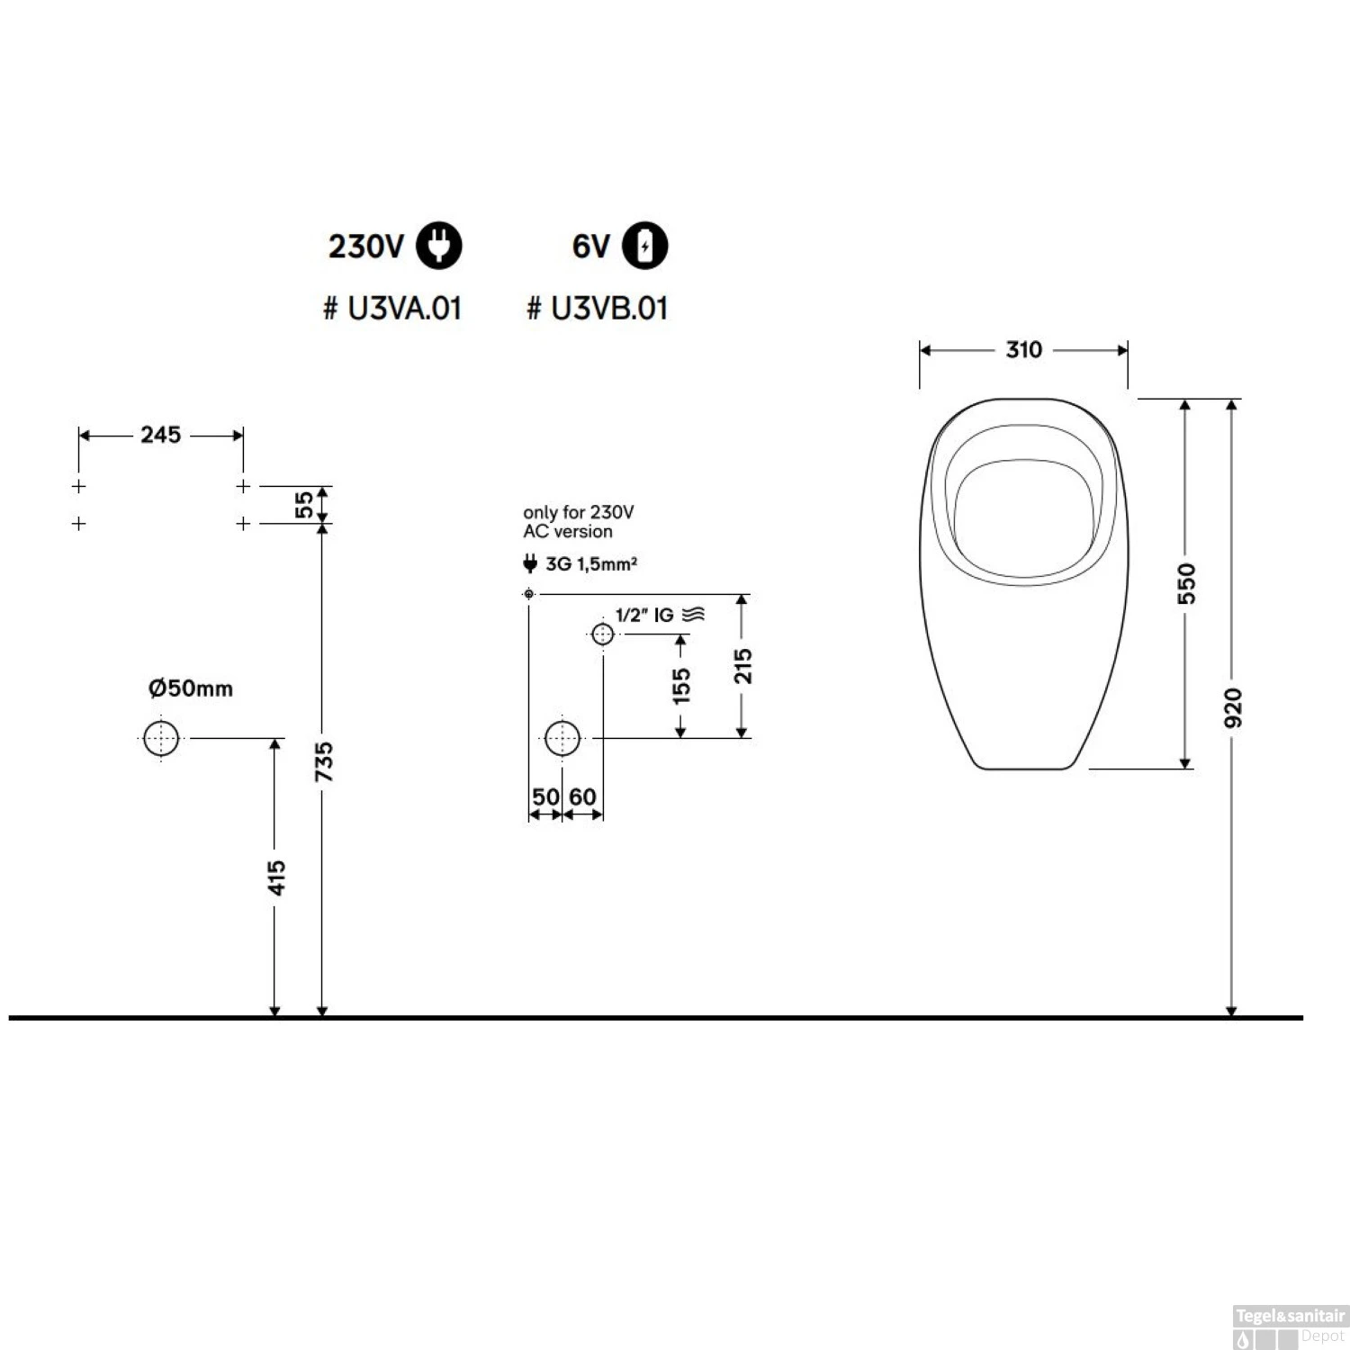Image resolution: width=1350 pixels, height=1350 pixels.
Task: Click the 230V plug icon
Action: [438, 246]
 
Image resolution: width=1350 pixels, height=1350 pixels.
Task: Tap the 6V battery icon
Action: [645, 246]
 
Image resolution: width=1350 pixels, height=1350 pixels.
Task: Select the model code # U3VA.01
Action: [392, 309]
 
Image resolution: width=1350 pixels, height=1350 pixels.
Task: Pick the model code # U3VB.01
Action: [598, 309]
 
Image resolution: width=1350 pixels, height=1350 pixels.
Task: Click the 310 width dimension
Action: [1023, 350]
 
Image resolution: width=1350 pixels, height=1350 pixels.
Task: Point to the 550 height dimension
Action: [1187, 583]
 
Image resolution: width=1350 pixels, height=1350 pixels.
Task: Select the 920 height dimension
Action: [1233, 707]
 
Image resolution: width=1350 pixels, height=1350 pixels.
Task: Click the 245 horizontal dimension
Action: [160, 435]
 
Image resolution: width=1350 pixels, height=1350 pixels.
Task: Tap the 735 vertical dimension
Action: [324, 760]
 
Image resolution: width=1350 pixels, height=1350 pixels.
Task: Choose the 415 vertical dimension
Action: [276, 877]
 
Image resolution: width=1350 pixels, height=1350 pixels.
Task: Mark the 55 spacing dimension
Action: [305, 504]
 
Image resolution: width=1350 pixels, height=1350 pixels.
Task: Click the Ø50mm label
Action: [191, 688]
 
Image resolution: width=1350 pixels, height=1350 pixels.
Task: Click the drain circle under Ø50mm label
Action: [161, 738]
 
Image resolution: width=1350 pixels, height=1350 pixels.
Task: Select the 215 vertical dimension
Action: [742, 666]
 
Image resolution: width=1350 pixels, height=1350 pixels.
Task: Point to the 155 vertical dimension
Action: [681, 685]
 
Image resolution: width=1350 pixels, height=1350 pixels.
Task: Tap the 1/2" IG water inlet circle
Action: [602, 634]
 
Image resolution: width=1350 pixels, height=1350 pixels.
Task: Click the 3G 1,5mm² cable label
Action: [590, 564]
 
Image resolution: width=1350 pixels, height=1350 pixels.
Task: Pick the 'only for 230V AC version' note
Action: [578, 522]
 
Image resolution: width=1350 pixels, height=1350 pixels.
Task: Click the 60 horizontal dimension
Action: [582, 796]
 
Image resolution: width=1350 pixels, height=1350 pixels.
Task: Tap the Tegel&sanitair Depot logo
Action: [1290, 1327]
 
